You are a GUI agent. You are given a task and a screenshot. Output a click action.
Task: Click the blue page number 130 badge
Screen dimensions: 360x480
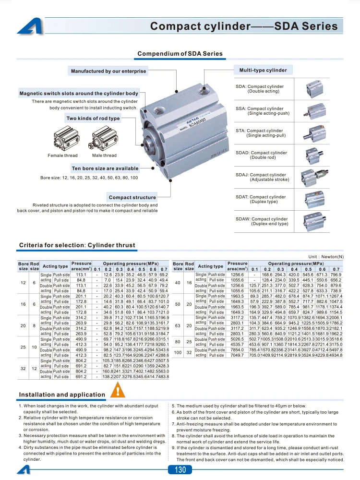180,469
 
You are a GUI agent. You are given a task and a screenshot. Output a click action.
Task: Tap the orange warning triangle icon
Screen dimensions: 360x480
118,390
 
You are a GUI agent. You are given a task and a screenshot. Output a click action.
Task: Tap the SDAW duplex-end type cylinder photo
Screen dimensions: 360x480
314,221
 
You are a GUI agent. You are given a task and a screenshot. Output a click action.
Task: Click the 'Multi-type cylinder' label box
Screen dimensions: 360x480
263,70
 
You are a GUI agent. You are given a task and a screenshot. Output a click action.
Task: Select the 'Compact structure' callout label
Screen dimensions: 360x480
132,197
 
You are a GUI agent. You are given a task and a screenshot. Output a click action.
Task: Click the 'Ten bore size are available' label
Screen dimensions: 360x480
105,168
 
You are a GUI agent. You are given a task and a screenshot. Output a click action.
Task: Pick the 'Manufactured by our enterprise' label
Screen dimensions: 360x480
108,71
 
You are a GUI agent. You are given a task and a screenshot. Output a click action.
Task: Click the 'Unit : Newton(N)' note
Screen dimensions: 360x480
326,257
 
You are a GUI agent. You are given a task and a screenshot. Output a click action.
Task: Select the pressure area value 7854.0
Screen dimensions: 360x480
237,349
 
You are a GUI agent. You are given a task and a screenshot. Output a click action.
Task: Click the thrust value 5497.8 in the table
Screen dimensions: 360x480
336,349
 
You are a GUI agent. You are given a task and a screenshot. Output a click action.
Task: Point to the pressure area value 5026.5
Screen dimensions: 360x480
237,339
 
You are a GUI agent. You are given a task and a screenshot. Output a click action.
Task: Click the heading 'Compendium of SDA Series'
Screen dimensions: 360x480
180,54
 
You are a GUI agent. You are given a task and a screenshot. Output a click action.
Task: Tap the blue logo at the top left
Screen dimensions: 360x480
30,26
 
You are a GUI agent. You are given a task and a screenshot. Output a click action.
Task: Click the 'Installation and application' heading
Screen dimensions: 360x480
62,395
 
